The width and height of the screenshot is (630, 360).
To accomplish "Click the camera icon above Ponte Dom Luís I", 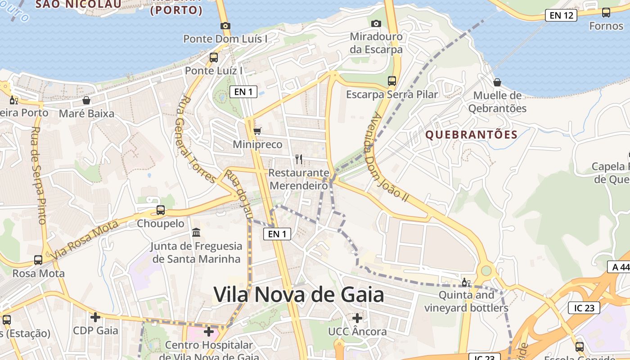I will [225, 26].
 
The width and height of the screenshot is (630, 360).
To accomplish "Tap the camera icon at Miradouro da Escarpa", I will [376, 23].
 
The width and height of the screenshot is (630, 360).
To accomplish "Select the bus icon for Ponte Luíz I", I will [214, 58].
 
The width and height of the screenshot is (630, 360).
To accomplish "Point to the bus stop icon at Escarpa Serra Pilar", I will [392, 81].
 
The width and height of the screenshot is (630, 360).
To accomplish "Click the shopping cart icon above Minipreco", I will [257, 131].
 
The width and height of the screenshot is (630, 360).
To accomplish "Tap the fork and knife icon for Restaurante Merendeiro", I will [298, 159].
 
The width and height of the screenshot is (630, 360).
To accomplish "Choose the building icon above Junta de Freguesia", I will [196, 233].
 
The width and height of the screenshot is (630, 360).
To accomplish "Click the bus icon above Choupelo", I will [161, 210].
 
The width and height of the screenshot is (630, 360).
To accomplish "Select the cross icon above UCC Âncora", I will [357, 318].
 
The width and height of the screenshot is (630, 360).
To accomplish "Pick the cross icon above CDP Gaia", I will [95, 317].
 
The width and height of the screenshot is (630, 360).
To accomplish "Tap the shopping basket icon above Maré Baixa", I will [86, 100].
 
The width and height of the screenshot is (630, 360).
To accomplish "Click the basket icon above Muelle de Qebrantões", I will [497, 82].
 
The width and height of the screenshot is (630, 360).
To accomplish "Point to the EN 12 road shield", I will [561, 15].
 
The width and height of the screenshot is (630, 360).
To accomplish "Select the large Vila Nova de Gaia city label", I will [299, 295].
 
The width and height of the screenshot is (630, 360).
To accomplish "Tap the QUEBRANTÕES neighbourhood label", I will [472, 135].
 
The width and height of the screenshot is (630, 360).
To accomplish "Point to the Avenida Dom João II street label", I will [385, 156].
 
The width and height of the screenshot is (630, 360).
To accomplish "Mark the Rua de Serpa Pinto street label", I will [39, 175].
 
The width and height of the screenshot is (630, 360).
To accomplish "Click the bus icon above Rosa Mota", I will [38, 260].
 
